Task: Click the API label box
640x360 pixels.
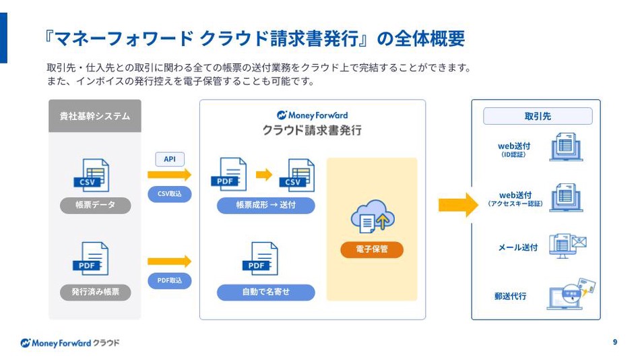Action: coord(170,159)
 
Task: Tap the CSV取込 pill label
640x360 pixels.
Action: coord(169,193)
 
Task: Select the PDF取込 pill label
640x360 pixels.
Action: coord(169,280)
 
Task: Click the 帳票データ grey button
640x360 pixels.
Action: coord(95,205)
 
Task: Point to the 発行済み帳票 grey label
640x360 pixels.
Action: coord(95,292)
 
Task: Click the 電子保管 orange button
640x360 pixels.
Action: coord(371,249)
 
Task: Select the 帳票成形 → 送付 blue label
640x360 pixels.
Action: coord(265,205)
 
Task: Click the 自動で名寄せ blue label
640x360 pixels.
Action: coord(265,292)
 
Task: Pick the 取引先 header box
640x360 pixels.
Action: coord(538,116)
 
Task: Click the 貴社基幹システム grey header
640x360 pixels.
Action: coord(95,116)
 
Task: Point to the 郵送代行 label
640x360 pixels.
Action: coord(510,296)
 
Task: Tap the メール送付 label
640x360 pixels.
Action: coord(518,247)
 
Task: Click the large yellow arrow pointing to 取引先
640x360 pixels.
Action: coord(458,205)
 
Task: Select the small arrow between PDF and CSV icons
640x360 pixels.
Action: coord(263,175)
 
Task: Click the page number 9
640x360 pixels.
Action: coord(615,342)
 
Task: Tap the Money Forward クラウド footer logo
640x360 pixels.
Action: coord(70,343)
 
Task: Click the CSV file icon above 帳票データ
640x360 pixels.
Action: coord(92,175)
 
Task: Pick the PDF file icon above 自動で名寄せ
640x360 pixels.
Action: coord(260,259)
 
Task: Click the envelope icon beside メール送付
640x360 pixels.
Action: coord(579,242)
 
